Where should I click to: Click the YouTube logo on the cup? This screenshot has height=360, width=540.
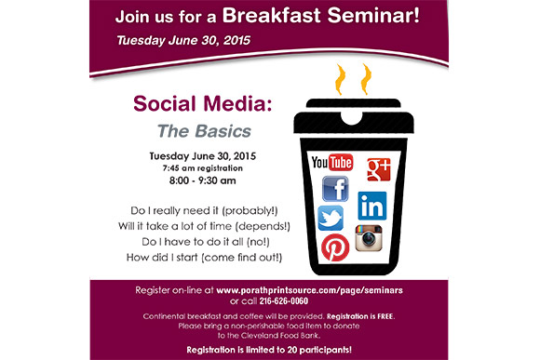(332, 163)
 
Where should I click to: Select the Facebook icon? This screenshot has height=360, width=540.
(334, 190)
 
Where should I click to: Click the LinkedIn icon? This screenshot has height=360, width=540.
(372, 205)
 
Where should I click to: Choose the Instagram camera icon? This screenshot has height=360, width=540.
(369, 238)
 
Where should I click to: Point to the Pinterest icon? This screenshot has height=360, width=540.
(334, 247)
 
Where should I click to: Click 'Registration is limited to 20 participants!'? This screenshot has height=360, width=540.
(270, 349)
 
